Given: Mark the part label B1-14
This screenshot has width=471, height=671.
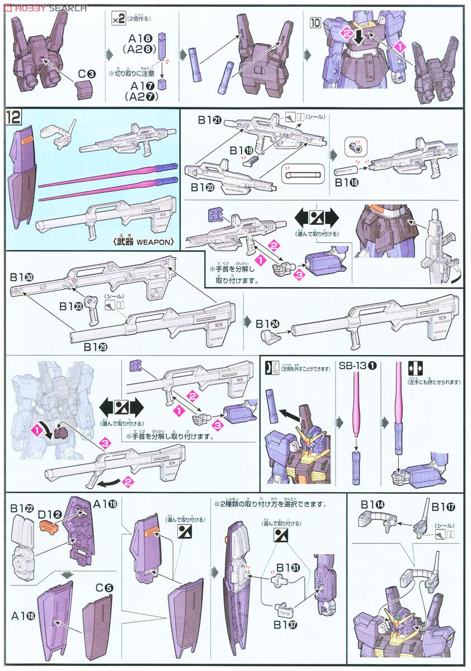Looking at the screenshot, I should click(x=373, y=505).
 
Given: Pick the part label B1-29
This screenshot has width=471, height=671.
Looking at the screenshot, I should click(x=96, y=347).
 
